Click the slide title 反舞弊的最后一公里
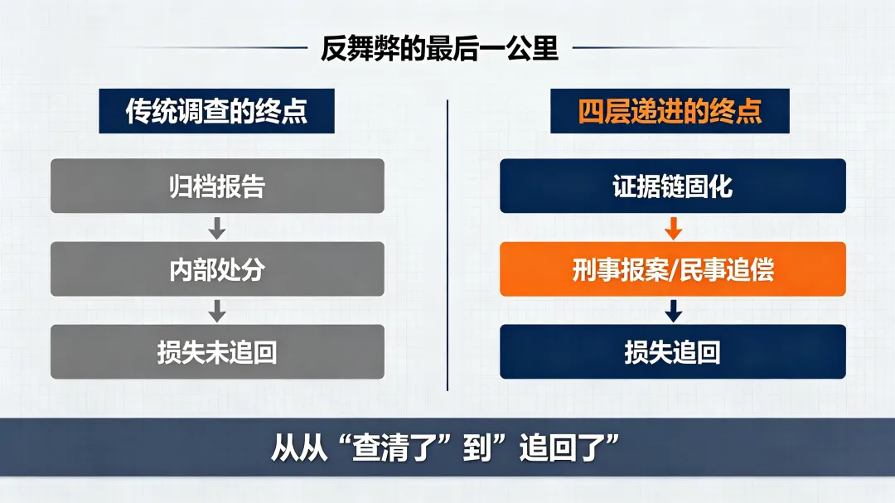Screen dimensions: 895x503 (439, 49)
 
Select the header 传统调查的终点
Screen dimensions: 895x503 (216, 111)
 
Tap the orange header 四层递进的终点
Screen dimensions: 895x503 (670, 111)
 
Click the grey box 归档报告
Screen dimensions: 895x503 (217, 186)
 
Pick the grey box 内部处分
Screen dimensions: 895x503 (217, 269)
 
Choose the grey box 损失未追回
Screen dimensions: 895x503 (217, 351)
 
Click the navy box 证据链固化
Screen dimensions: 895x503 (673, 186)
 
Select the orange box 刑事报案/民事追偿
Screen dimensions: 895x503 (673, 269)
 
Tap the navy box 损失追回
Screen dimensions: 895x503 (673, 351)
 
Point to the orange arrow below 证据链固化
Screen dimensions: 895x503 (674, 229)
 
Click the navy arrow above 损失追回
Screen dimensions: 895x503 (674, 311)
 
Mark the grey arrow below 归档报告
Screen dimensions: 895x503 (217, 229)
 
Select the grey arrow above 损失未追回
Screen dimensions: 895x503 (217, 311)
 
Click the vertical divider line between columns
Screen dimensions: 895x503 (447, 245)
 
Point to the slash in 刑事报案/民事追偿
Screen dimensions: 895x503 (674, 269)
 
